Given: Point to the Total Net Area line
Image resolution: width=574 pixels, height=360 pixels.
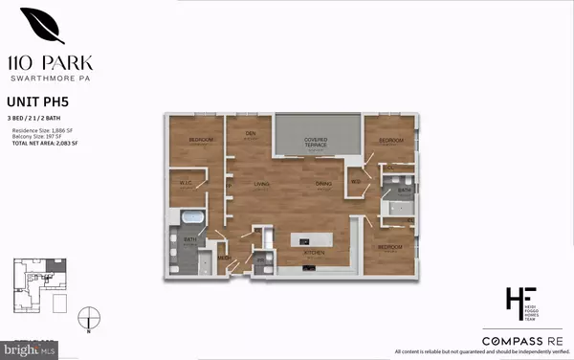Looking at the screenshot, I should click(45, 142).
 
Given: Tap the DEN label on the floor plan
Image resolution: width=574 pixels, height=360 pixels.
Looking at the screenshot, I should click(252, 133).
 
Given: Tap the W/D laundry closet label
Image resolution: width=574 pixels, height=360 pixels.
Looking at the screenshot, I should click(355, 182).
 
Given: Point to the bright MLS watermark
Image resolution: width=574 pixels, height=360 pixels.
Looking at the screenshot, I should click(30, 349).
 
